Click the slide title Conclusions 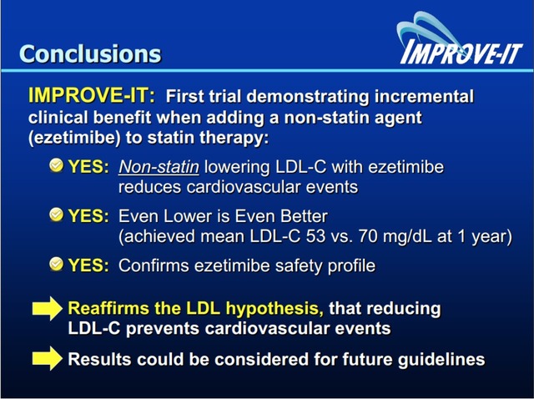coord(90,53)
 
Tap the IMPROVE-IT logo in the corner coord(461,39)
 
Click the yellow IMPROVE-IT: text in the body coord(91,95)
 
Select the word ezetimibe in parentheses coord(74,138)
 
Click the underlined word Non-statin coord(159,167)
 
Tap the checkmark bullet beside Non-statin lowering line coord(57,165)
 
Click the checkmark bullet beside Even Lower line coord(57,215)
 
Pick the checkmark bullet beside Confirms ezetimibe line coord(57,264)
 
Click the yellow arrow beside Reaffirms coord(48,308)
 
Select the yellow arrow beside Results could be coord(48,358)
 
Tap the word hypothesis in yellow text coord(275,309)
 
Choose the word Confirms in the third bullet coord(154,265)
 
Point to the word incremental coord(424,96)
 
